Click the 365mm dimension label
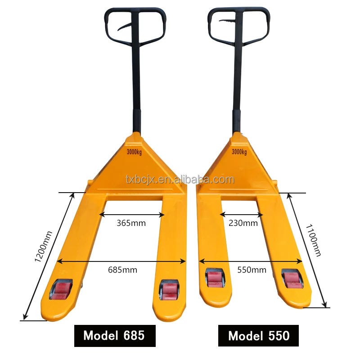131,223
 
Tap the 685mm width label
122,270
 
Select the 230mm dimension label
243,223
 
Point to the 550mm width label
252,270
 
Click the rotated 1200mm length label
44,247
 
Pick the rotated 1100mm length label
313,240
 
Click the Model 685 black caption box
115,336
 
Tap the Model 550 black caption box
258,336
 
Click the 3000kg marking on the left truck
134,152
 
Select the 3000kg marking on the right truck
239,152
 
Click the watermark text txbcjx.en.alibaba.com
180,179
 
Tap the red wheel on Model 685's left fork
61,290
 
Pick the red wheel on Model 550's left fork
215,278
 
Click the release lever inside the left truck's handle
125,27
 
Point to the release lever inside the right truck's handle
228,22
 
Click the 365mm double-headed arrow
132,215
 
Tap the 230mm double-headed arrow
241,215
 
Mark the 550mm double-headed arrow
251,261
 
